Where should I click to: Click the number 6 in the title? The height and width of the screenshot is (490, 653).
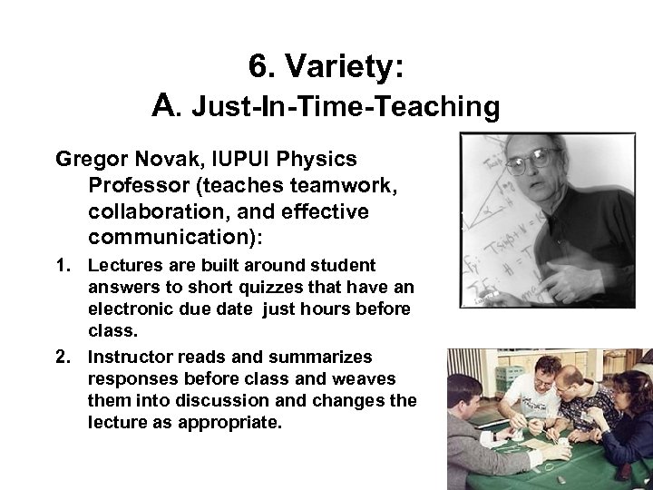coord(258,67)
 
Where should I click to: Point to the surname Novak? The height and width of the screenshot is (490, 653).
coord(160,160)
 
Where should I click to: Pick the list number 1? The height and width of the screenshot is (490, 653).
coord(63,265)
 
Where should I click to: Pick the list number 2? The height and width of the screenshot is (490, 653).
coord(63,357)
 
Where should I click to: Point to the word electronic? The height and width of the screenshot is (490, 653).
coord(130,309)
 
